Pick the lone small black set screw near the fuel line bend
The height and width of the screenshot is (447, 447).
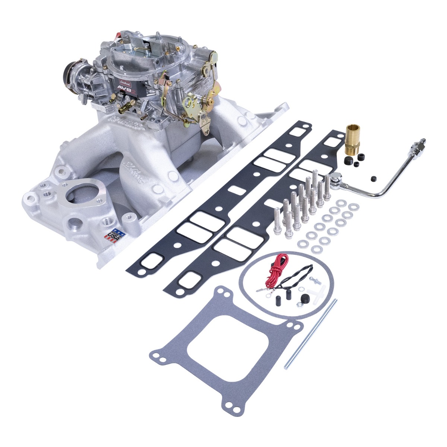[x=373, y=180]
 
